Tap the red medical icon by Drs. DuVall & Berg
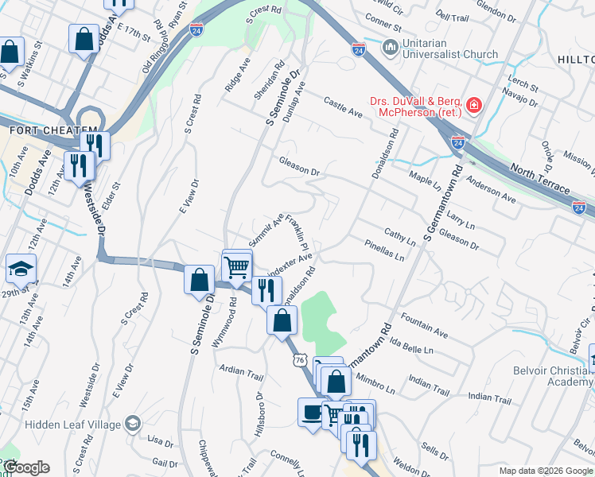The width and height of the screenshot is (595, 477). point(474,105)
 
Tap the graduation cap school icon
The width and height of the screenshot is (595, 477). point(21,270)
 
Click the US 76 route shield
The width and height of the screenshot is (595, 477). point(299,360)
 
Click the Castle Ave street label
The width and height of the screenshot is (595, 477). point(343,107)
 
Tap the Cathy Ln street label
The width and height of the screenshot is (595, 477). point(400,237)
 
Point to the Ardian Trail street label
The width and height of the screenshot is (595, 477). point(241,371)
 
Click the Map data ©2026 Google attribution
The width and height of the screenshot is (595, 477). point(546,471)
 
